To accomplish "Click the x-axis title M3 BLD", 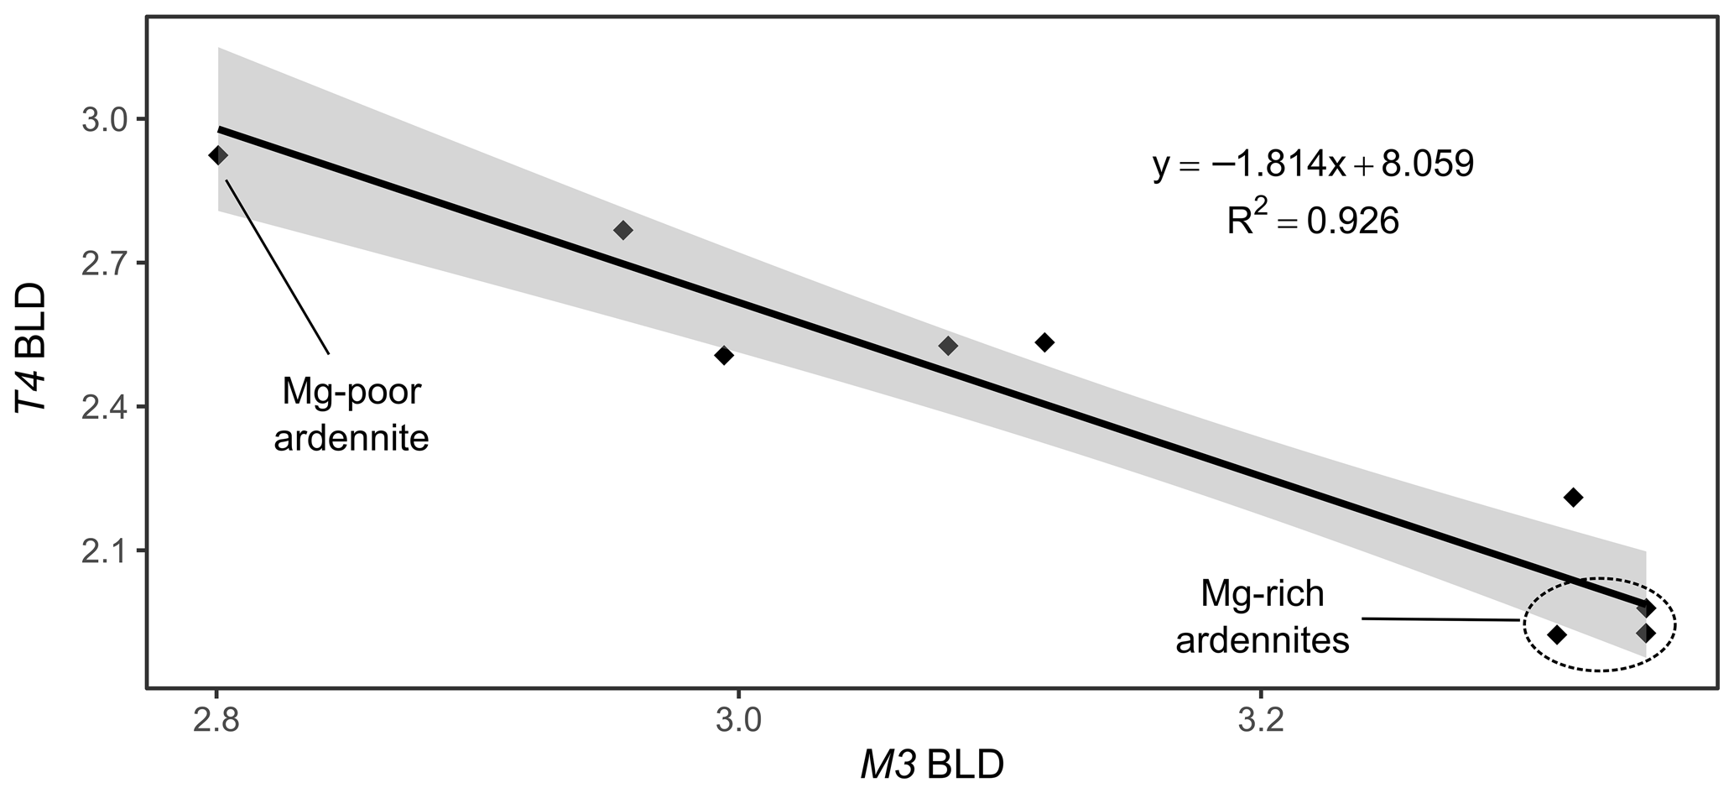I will (x=931, y=766).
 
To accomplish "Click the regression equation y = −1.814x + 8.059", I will (x=1313, y=165).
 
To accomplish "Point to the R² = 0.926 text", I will (x=1313, y=220).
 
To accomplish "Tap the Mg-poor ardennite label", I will (x=351, y=415).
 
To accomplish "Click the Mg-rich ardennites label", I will (x=1262, y=618).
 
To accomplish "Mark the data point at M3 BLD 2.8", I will (x=218, y=155).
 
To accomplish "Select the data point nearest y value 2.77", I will (x=623, y=230).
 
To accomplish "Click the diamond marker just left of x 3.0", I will (x=724, y=355).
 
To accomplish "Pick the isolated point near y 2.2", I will (x=1573, y=498).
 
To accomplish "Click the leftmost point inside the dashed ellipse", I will (x=1557, y=634).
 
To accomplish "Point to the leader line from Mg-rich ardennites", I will (x=1439, y=619).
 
